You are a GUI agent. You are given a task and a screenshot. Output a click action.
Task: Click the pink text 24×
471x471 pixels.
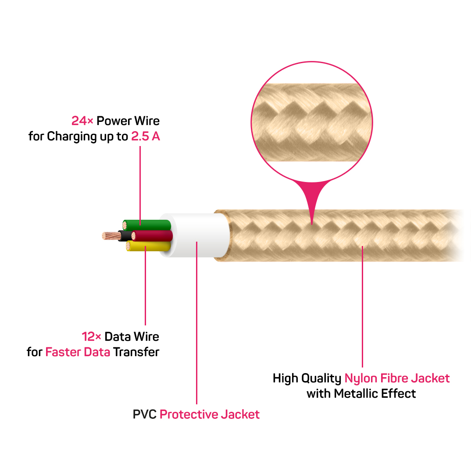82,121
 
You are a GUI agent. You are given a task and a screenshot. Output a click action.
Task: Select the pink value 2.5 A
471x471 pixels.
146,136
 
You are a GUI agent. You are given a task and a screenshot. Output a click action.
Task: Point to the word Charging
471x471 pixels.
71,137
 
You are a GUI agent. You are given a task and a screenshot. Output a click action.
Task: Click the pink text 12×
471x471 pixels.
92,337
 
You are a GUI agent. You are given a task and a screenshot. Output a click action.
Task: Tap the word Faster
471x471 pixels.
62,352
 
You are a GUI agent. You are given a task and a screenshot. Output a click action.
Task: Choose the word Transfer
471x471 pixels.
136,352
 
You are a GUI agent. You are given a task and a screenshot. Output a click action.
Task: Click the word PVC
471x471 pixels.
144,414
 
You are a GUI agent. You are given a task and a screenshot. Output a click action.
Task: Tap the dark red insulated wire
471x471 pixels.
153,236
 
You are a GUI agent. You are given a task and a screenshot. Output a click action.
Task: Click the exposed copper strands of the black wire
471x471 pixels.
110,235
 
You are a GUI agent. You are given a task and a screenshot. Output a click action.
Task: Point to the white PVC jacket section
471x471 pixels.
197,235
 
